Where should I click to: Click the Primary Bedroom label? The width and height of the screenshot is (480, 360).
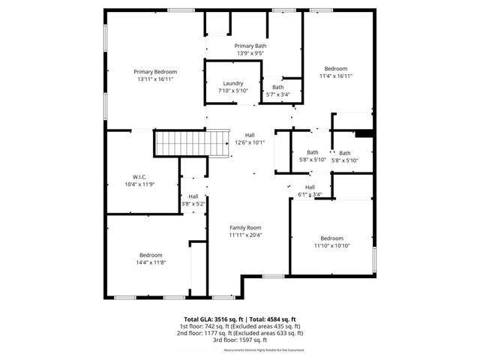coord(155,71)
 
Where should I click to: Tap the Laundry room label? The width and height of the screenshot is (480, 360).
coord(232,83)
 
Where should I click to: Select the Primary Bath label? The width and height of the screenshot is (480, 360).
coord(250,46)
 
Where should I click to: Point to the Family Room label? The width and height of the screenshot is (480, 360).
coord(244,227)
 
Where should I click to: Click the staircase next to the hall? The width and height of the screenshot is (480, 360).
coord(191,142)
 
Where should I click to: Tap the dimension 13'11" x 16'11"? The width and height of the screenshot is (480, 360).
coord(155,79)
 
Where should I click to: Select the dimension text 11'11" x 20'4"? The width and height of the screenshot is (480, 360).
coord(244,235)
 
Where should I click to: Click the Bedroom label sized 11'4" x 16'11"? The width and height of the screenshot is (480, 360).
coord(335,68)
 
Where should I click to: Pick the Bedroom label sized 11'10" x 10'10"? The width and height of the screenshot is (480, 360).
coord(331,238)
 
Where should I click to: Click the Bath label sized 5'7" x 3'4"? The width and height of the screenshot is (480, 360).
coord(277,87)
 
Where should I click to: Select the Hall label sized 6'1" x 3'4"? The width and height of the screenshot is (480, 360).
coord(310,187)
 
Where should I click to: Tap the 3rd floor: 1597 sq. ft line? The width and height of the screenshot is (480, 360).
coord(239,340)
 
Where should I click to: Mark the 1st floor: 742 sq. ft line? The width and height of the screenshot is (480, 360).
coord(239,327)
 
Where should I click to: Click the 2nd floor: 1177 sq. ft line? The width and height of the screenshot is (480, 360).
coord(239,333)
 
